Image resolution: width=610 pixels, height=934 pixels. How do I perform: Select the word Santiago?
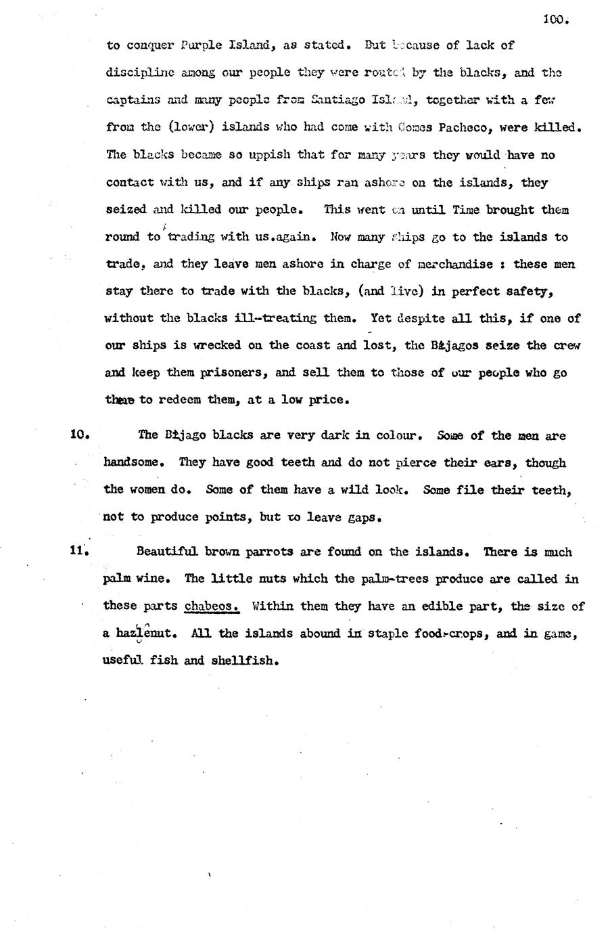coord(337,99)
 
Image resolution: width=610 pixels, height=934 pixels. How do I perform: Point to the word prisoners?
coord(231,372)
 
